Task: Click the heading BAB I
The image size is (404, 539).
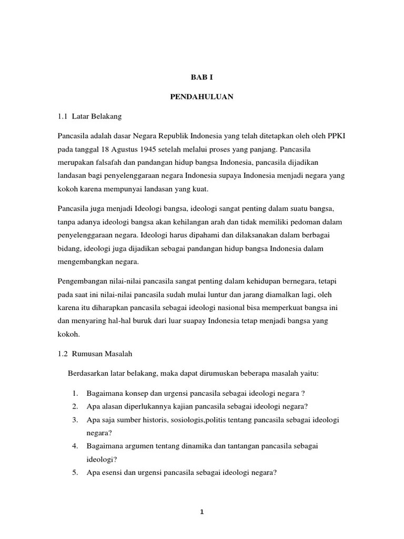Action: point(201,77)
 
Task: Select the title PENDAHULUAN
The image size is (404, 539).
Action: point(201,97)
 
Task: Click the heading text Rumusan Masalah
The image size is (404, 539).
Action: point(103,354)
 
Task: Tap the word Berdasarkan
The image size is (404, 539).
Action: point(88,373)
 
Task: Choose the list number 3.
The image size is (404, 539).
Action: point(75,420)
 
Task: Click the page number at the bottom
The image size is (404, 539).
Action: point(202,514)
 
